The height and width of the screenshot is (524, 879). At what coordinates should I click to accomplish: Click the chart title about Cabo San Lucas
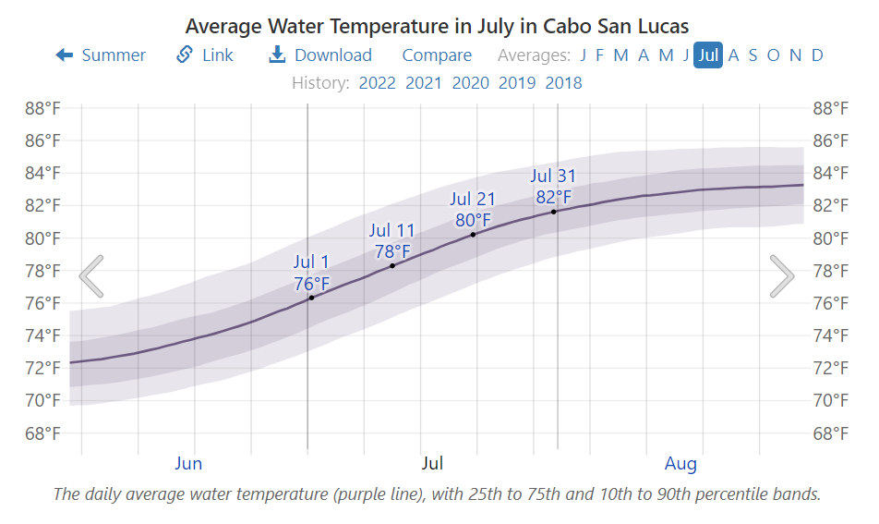tap(437, 25)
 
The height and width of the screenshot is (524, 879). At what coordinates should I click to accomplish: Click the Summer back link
tap(101, 55)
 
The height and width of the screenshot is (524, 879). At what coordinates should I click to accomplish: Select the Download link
tap(319, 55)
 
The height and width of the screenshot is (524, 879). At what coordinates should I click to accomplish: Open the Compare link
tap(437, 55)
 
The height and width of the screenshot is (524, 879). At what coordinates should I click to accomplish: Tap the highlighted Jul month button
tap(708, 55)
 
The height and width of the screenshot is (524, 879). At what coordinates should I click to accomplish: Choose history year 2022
tap(377, 83)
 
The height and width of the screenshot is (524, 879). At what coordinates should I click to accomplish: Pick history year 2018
tap(563, 83)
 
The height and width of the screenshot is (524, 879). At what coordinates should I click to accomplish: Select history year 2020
tap(470, 83)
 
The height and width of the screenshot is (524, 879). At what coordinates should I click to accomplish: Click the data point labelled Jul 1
tap(311, 298)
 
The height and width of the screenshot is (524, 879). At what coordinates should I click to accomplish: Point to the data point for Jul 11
tap(392, 266)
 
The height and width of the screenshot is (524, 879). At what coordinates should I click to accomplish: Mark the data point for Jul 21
tap(473, 235)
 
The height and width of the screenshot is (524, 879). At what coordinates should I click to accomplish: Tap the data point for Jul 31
tap(554, 212)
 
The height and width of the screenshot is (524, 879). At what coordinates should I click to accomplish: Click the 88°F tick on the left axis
tap(42, 108)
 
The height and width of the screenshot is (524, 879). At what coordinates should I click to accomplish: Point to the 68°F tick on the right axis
tap(830, 433)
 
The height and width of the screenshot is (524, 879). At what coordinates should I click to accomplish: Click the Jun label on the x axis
tap(188, 463)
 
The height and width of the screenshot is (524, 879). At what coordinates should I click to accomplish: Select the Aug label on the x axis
tap(680, 463)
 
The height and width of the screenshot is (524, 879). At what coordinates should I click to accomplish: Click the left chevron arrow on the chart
tap(91, 275)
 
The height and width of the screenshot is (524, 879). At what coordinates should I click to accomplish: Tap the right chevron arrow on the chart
tap(781, 275)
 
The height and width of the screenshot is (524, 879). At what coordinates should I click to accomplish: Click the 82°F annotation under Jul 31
tap(554, 197)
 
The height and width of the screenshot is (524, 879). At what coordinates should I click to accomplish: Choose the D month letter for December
tap(817, 55)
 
